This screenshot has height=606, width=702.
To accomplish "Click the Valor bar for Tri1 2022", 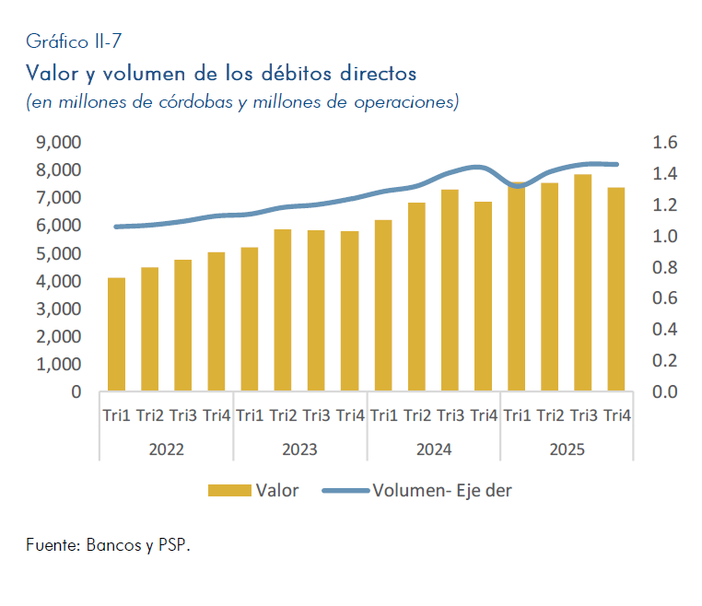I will (116, 334).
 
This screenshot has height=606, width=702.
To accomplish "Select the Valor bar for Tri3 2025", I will (582, 283).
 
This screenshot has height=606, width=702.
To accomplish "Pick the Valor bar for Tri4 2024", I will (483, 297).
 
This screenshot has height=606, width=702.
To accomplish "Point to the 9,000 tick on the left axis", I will (58, 142).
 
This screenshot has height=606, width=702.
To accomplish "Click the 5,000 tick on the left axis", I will (58, 253).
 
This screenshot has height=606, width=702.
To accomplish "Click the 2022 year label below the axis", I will (166, 450).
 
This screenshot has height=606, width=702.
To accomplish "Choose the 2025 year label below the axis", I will (566, 450).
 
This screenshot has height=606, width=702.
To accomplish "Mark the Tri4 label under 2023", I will (350, 415).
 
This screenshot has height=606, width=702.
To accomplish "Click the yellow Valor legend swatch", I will (229, 491).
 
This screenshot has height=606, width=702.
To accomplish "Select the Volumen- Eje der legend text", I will (442, 491).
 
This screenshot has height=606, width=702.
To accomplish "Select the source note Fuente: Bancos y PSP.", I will (108, 545).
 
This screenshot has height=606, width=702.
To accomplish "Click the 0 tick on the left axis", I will (75, 392).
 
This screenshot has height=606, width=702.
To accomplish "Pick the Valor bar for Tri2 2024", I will (416, 297).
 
